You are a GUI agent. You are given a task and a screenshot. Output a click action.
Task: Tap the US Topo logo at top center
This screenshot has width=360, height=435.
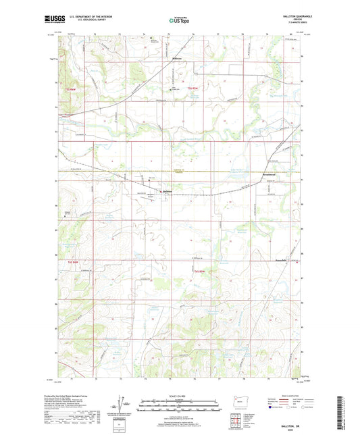[x=179, y=22]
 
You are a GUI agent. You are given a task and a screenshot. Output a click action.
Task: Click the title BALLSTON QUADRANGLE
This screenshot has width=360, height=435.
[x=287, y=18]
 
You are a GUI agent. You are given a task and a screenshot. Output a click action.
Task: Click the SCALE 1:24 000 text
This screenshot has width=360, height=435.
[x=179, y=396]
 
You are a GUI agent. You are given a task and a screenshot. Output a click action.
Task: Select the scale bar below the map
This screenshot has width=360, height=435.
[x=179, y=406]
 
